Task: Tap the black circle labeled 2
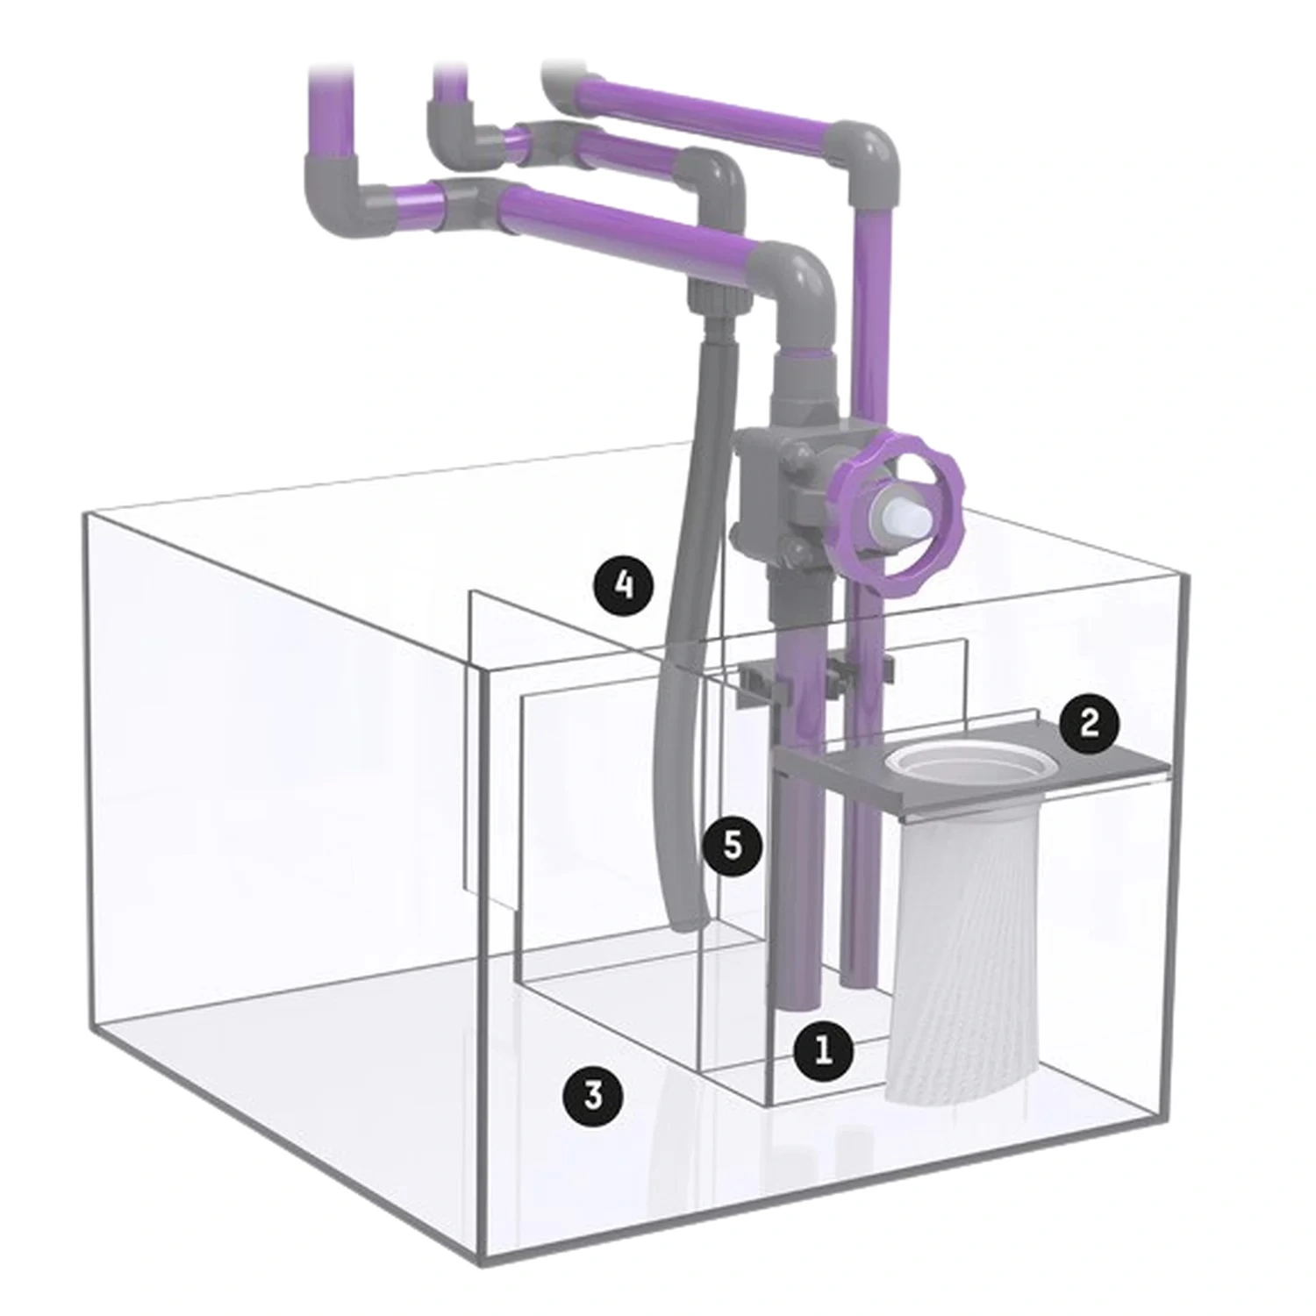point(1089,724)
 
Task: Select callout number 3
point(594,1095)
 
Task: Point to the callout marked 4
point(623,584)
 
